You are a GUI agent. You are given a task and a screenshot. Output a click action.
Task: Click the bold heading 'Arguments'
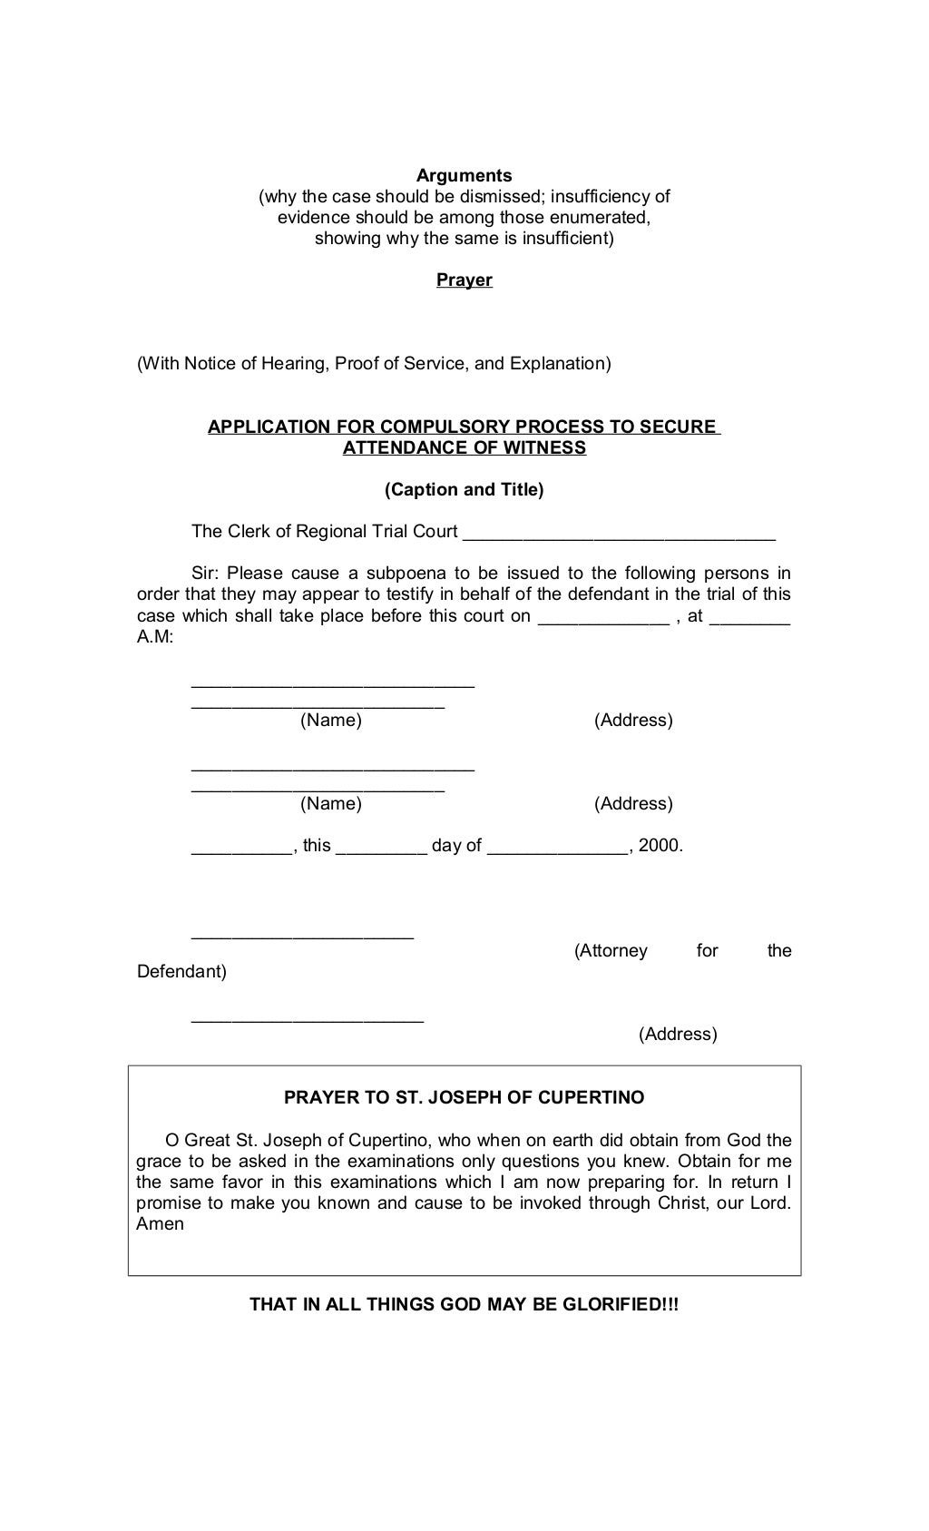(x=464, y=176)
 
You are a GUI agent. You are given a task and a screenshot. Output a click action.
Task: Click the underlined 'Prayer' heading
(x=464, y=280)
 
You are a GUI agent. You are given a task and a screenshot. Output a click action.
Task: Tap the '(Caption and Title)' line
(x=464, y=490)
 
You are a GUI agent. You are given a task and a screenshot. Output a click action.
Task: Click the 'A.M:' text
(x=155, y=637)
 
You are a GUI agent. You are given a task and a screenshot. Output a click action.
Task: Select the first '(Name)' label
(x=331, y=721)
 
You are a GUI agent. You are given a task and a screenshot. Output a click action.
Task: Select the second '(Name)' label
(x=331, y=804)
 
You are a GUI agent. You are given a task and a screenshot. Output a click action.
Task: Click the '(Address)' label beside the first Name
(x=633, y=721)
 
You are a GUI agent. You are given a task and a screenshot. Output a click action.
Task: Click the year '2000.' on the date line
(x=660, y=846)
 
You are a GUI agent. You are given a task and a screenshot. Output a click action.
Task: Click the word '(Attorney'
(x=611, y=951)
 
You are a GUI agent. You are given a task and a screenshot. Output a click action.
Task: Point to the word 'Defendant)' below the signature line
(x=181, y=972)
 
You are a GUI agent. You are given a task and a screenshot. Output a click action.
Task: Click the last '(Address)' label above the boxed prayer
(x=678, y=1035)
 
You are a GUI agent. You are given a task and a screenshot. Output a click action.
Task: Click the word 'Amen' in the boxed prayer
(x=160, y=1224)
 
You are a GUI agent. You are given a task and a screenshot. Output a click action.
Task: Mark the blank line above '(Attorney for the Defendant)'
(x=302, y=936)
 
